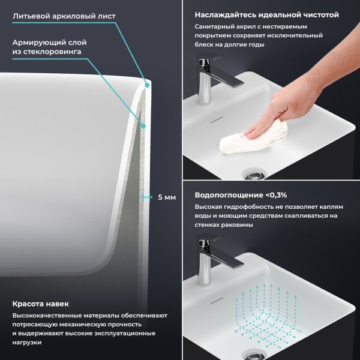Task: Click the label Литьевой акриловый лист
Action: (64, 16)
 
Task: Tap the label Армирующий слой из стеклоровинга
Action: (50, 47)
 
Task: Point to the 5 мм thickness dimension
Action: (166, 197)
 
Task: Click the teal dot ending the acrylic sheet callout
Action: (147, 85)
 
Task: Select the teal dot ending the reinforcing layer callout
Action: (143, 125)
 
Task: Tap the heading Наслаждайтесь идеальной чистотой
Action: (266, 14)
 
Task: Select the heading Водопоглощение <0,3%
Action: (241, 195)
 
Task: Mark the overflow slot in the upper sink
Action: (217, 119)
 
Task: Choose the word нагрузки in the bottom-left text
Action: (29, 342)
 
